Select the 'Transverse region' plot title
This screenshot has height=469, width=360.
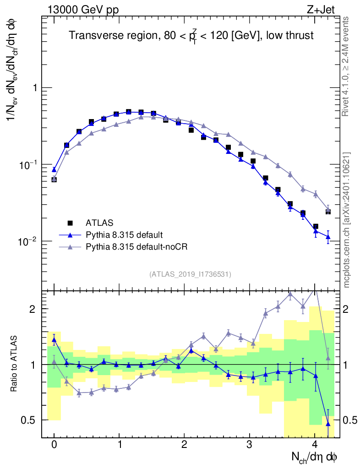pos(191,36)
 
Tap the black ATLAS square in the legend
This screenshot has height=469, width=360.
pos(70,223)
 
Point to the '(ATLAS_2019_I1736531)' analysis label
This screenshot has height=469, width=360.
pos(190,274)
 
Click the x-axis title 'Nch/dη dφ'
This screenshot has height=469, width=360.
pos(315,457)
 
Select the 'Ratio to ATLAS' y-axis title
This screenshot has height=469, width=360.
pos(15,364)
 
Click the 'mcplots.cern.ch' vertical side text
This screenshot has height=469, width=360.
pos(347,220)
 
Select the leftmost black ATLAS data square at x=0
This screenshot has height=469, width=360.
pos(54,179)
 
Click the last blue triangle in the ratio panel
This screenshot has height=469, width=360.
pos(328,423)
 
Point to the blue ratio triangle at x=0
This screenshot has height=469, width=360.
pos(54,339)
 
